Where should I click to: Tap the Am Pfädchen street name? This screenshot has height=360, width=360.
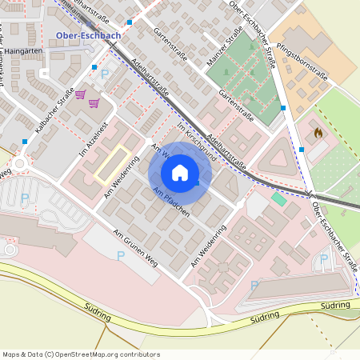coord(170,199)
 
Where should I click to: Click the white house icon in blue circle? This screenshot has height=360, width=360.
coord(180,172)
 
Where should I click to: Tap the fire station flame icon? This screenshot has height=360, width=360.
coord(317,132)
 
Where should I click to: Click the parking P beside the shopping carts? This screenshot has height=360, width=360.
coord(106,74)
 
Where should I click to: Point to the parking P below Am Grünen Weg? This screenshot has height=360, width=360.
coord(121,256)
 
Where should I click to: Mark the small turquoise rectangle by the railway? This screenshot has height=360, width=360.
coord(278,198)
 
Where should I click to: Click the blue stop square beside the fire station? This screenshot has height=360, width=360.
coord(301,149)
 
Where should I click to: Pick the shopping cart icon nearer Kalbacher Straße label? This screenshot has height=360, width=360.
coord(80,94)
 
